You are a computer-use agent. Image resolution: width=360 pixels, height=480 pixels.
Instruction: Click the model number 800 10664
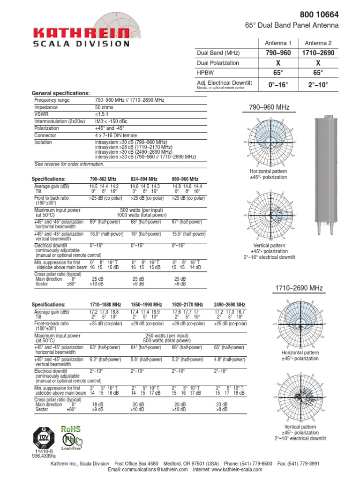coord(319,15)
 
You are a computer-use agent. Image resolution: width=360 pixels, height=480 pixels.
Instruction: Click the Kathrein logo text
coord(81,33)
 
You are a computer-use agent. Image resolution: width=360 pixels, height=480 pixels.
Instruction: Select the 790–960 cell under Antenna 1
coord(278,53)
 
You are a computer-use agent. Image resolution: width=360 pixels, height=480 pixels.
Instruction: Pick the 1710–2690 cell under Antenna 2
coord(318,53)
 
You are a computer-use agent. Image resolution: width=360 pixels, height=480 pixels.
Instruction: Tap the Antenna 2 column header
coord(318,43)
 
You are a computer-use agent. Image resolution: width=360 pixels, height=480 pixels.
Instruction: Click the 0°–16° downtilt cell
coord(278,85)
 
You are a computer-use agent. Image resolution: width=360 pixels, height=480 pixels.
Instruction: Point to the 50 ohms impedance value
coord(105,107)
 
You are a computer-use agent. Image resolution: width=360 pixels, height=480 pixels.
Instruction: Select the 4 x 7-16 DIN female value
coord(117,135)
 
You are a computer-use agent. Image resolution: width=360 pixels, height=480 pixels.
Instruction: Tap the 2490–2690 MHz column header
coord(230,304)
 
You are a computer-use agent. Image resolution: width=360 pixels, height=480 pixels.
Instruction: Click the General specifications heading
coord(60,93)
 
